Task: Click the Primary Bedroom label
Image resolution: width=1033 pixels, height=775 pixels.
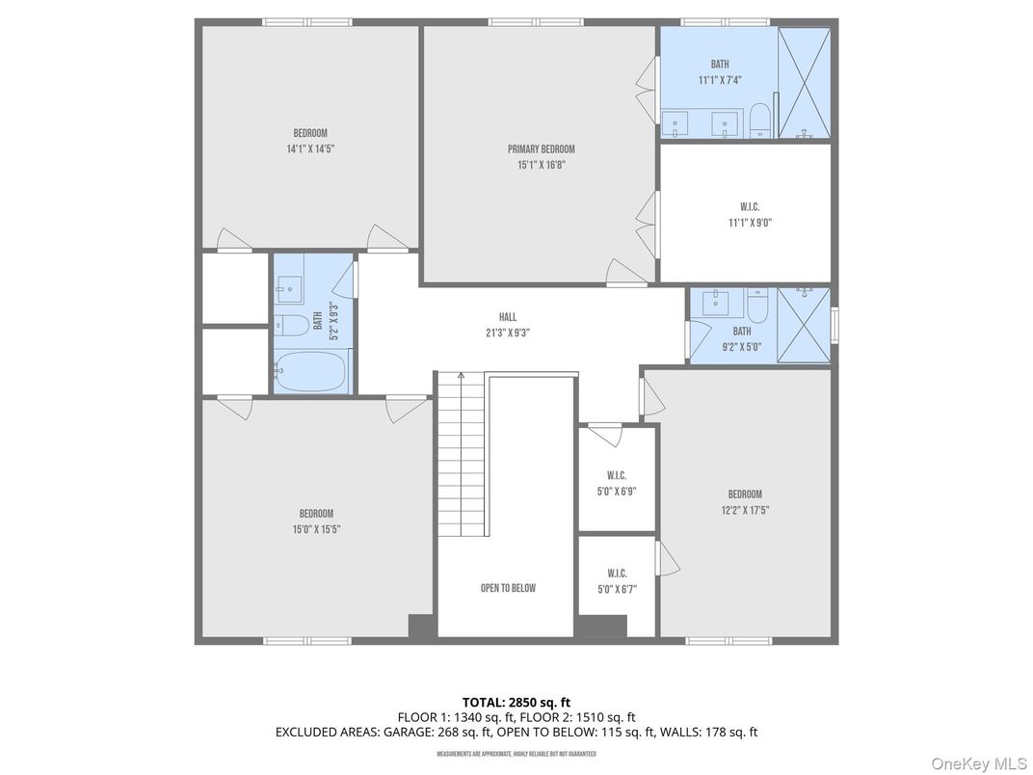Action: [x=541, y=148]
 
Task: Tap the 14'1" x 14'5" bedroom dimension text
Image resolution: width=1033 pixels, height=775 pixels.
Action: [x=309, y=148]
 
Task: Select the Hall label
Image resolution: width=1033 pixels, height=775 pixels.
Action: [x=508, y=317]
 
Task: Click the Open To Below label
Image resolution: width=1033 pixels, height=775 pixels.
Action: [x=508, y=588]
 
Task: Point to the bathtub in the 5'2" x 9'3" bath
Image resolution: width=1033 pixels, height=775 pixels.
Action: [x=312, y=371]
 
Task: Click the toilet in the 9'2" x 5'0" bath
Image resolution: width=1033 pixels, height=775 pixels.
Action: [x=757, y=307]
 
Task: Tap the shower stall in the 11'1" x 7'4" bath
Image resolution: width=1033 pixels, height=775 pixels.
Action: [x=805, y=83]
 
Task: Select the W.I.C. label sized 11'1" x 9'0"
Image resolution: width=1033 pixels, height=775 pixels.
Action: [x=751, y=206]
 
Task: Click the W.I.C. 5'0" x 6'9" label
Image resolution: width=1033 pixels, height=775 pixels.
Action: [x=617, y=475]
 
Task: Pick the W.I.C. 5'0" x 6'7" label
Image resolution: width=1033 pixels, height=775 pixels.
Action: [x=617, y=572]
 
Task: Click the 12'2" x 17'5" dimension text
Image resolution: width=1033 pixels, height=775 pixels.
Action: [x=745, y=510]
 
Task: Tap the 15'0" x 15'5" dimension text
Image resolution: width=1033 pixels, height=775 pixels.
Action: [x=316, y=529]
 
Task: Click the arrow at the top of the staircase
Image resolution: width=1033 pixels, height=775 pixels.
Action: [x=462, y=377]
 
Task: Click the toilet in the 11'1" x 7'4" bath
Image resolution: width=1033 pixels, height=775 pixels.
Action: [x=760, y=120]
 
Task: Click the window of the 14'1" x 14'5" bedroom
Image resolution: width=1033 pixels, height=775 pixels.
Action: [x=307, y=21]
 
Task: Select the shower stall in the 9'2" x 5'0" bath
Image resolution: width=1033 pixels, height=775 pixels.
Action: [x=803, y=325]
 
